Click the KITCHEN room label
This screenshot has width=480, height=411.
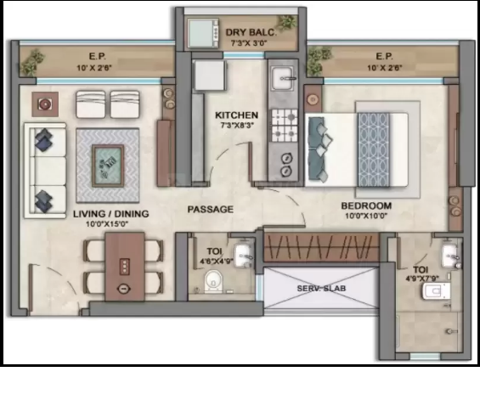(236, 115)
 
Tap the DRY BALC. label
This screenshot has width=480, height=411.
(251, 32)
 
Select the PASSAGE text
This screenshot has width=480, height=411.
(211, 210)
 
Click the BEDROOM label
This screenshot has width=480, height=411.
(366, 205)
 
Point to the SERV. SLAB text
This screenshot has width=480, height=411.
(321, 288)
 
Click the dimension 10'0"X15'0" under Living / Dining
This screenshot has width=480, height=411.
(107, 224)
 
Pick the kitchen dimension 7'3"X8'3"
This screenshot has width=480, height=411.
(236, 126)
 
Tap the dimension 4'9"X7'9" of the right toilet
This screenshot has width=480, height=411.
(422, 279)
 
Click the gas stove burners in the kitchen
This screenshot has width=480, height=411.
(285, 126)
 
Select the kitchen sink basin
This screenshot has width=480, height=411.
(284, 78)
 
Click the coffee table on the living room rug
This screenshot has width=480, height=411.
(108, 166)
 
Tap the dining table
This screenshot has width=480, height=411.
(125, 267)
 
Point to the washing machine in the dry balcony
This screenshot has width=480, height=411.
(203, 33)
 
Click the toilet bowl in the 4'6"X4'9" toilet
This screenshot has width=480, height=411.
(213, 280)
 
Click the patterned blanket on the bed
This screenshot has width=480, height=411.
(374, 149)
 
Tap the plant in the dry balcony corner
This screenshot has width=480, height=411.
(287, 21)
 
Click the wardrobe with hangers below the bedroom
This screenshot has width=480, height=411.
(321, 247)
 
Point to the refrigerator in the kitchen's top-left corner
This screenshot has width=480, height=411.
(211, 76)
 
